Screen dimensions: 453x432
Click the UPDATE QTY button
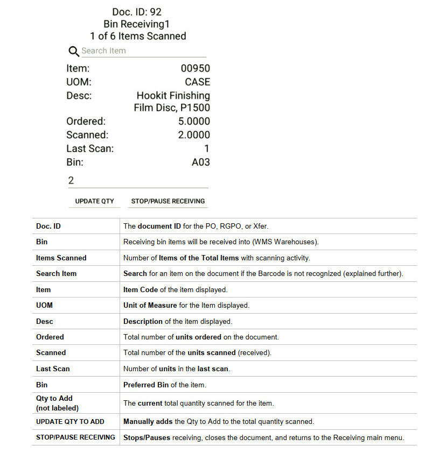click(94, 201)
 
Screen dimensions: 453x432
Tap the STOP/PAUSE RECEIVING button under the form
click(168, 201)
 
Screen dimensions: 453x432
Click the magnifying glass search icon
click(74, 52)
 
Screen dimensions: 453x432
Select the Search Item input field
click(143, 51)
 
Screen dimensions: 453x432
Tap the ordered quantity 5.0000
click(194, 122)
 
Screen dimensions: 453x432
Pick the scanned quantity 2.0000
click(194, 135)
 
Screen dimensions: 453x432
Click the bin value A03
click(200, 162)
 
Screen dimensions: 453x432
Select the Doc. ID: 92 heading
click(137, 12)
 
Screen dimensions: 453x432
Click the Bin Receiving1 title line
click(137, 24)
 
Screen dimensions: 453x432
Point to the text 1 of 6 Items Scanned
click(138, 37)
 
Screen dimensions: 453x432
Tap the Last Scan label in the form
click(90, 148)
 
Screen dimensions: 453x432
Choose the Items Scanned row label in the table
click(61, 258)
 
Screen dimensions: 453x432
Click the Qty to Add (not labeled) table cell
click(54, 403)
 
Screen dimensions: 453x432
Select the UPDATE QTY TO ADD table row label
click(70, 421)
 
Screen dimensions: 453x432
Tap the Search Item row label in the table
click(56, 273)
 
